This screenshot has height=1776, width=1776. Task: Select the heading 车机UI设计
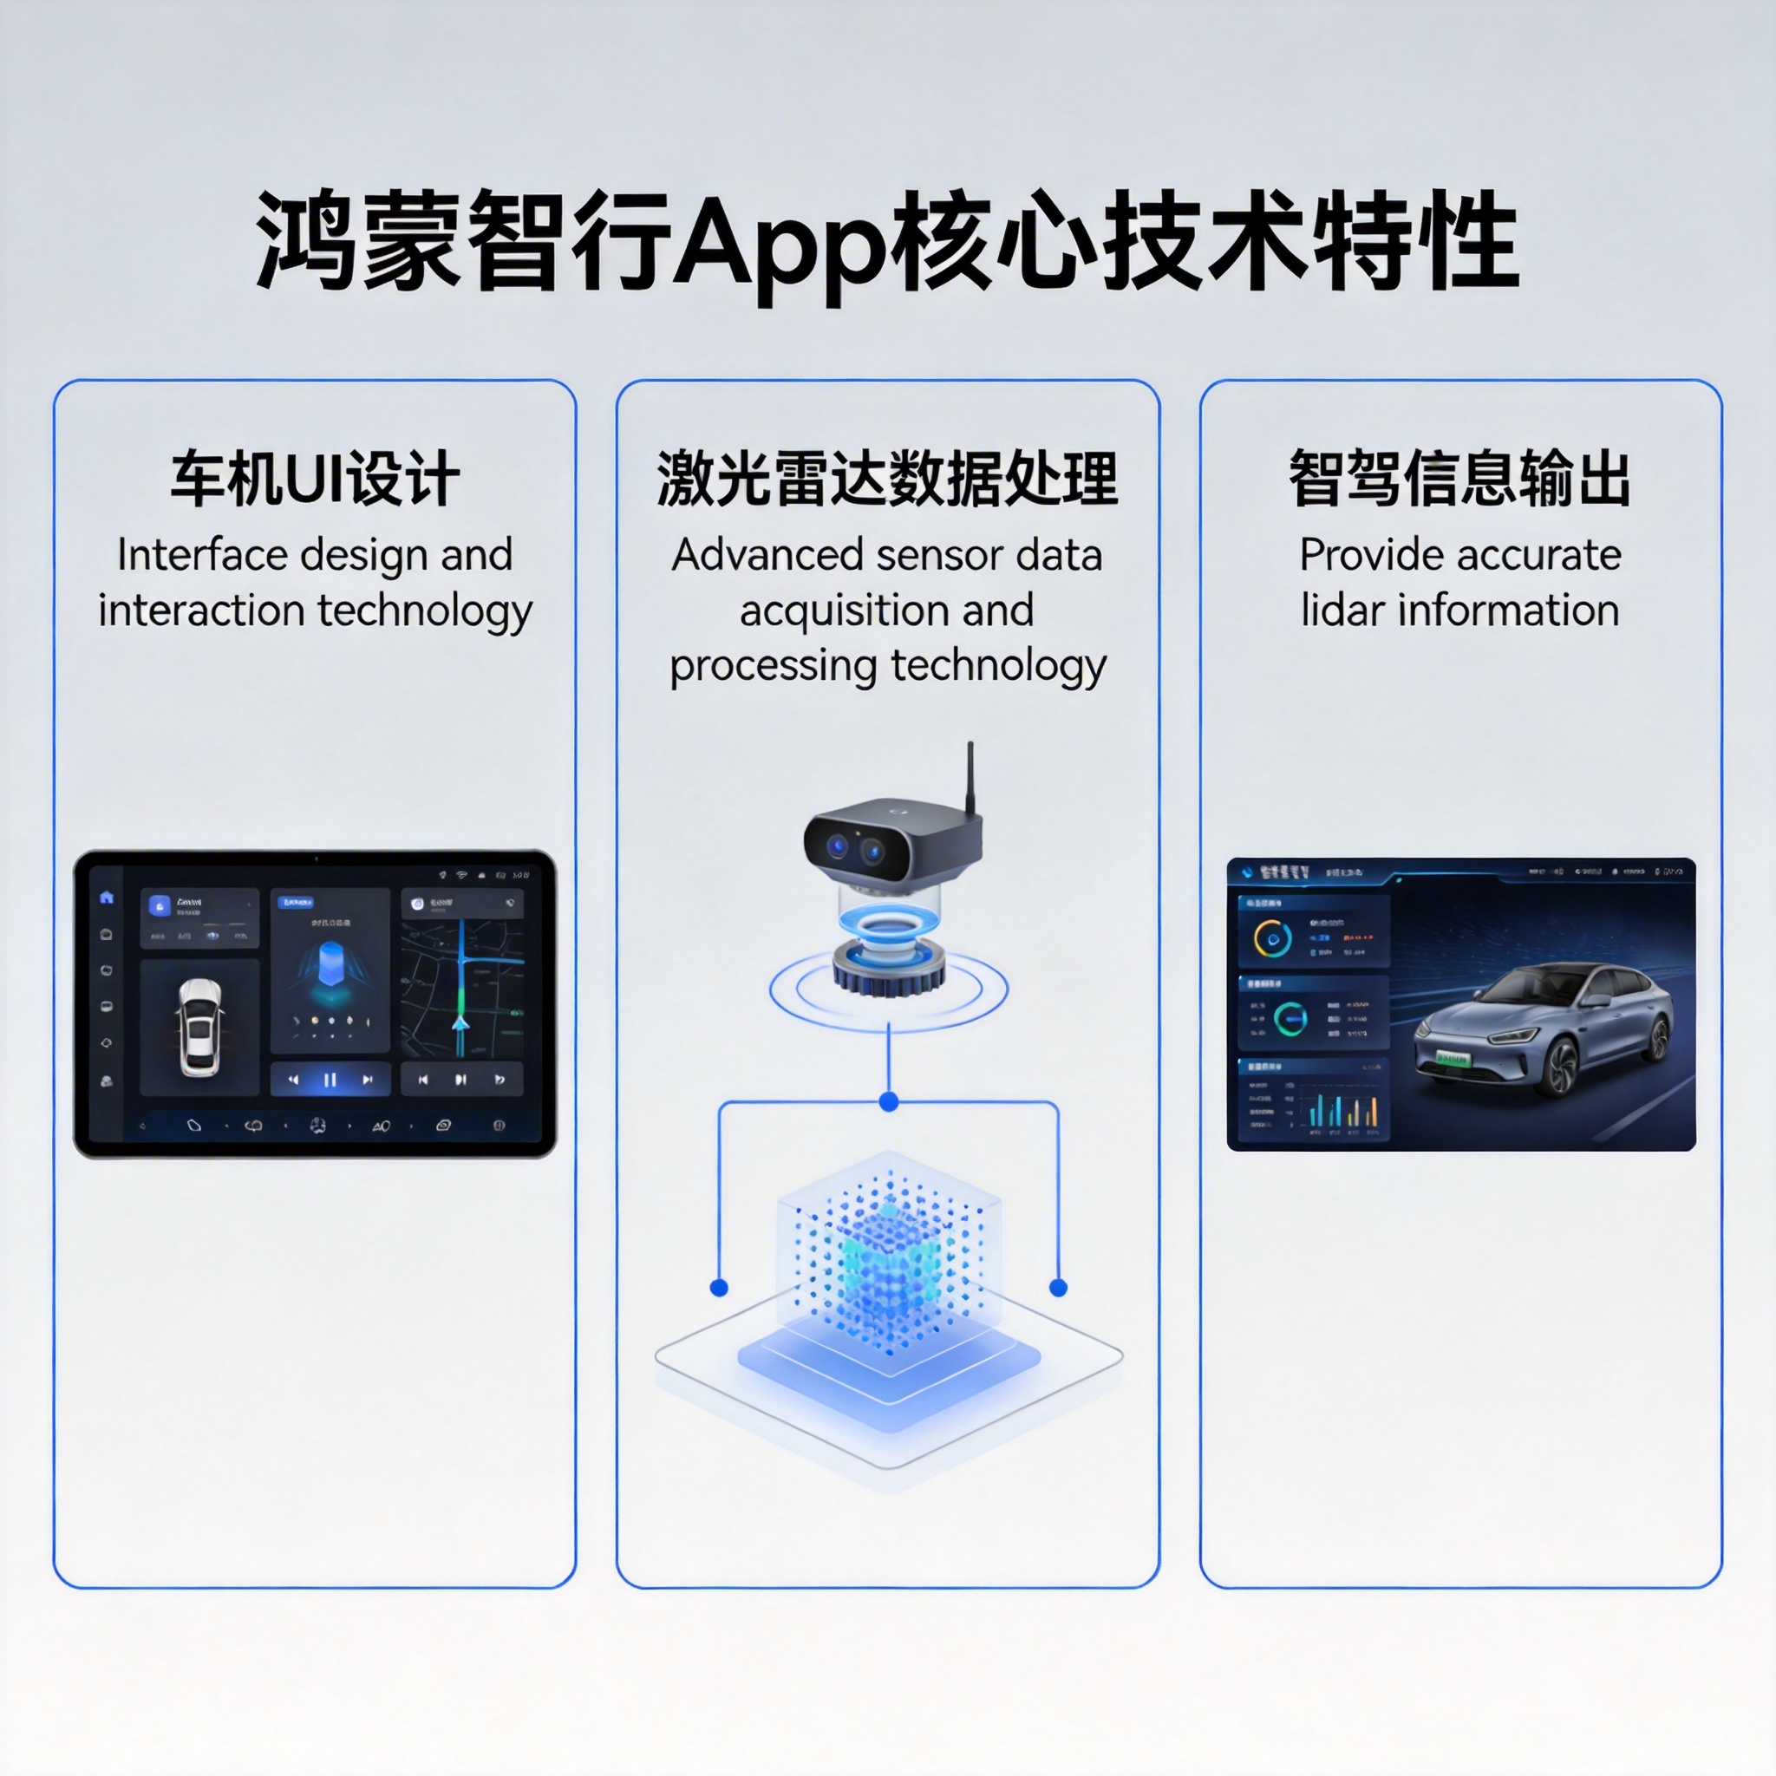pyautogui.click(x=315, y=479)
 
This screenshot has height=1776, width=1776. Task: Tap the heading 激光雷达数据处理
pyautogui.click(x=887, y=479)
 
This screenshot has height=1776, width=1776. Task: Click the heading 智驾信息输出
pyautogui.click(x=1459, y=479)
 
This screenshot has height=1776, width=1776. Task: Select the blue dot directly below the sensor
pyautogui.click(x=888, y=1101)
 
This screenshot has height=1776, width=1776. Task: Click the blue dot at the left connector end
pyautogui.click(x=720, y=1288)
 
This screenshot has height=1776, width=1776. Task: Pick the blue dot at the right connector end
pyautogui.click(x=1058, y=1288)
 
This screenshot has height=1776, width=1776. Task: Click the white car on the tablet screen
pyautogui.click(x=199, y=1027)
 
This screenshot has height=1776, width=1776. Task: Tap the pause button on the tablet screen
pyautogui.click(x=330, y=1079)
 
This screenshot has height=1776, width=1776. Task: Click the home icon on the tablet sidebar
pyautogui.click(x=107, y=898)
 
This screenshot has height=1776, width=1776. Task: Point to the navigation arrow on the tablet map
pyautogui.click(x=460, y=1023)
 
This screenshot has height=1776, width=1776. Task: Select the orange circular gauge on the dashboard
pyautogui.click(x=1272, y=939)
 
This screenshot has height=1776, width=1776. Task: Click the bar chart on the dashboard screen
pyautogui.click(x=1342, y=1111)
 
